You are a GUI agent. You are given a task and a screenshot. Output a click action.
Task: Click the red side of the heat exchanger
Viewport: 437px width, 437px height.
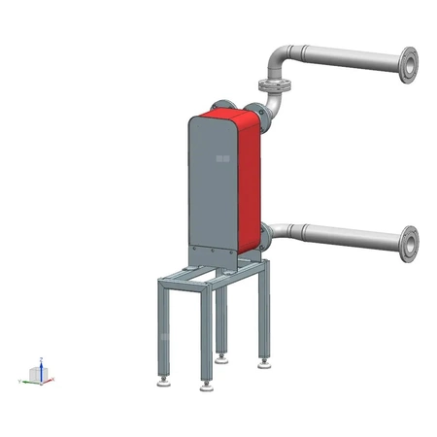point(251,180)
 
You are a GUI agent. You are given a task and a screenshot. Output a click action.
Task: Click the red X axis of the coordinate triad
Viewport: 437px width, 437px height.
point(50,379)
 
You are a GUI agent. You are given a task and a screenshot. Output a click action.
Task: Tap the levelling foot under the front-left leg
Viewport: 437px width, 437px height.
point(162,382)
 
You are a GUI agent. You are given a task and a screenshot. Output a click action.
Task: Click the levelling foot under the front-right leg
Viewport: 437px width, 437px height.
point(205,387)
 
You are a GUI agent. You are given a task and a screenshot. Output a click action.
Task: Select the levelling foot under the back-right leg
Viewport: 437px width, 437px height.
point(263,364)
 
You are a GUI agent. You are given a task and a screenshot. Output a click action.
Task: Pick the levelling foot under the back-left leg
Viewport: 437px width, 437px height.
point(222,355)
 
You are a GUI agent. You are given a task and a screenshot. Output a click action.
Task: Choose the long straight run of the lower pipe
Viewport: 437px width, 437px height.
point(350,234)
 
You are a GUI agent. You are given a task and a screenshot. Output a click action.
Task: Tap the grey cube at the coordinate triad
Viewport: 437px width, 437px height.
point(39,375)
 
